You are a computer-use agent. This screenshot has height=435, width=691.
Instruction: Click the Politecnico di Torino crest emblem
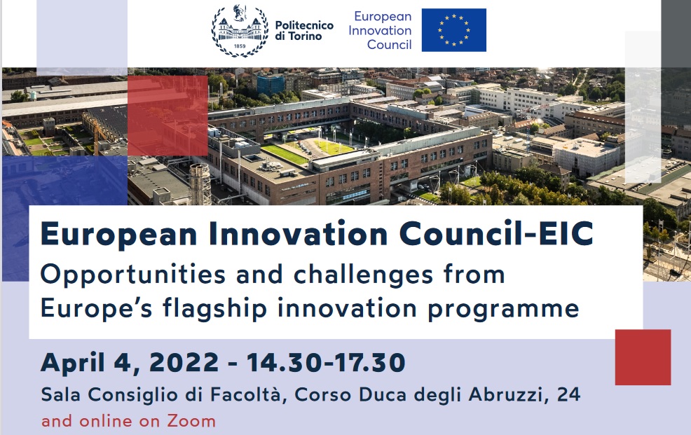coord(240,30)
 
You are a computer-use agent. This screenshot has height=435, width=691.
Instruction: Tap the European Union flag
coord(454,30)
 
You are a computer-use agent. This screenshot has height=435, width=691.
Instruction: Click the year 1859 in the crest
coord(240,46)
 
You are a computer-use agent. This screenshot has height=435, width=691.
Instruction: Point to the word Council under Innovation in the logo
coord(389,44)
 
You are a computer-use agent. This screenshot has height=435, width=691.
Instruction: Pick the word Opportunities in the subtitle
coord(132,275)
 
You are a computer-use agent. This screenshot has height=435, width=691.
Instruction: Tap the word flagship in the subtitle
coord(214,308)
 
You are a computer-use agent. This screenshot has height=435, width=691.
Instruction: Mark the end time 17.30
coord(369,362)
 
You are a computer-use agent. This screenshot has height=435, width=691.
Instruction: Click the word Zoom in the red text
coord(191,422)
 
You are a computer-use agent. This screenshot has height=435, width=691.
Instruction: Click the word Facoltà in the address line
coord(245,394)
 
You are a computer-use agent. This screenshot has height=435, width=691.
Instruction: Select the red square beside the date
coord(643,357)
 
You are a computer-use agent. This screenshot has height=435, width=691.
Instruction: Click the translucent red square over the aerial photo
coord(167,116)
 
